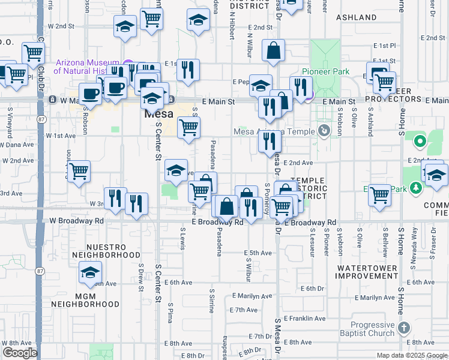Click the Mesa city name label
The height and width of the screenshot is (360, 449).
pyautogui.click(x=158, y=113)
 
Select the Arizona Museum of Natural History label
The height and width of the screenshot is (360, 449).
pyautogui.click(x=90, y=67)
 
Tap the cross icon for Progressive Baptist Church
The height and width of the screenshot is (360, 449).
pyautogui.click(x=404, y=328)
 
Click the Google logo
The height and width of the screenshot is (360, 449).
pyautogui.click(x=20, y=353)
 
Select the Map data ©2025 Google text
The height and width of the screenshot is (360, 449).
pyautogui.click(x=411, y=355)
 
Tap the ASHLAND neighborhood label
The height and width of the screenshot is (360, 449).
pyautogui.click(x=357, y=18)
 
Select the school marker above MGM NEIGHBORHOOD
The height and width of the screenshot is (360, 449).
pyautogui.click(x=90, y=273)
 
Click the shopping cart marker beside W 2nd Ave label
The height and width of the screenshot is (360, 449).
pyautogui.click(x=79, y=172)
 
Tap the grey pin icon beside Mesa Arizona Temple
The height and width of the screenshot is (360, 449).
pyautogui.click(x=324, y=130)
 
